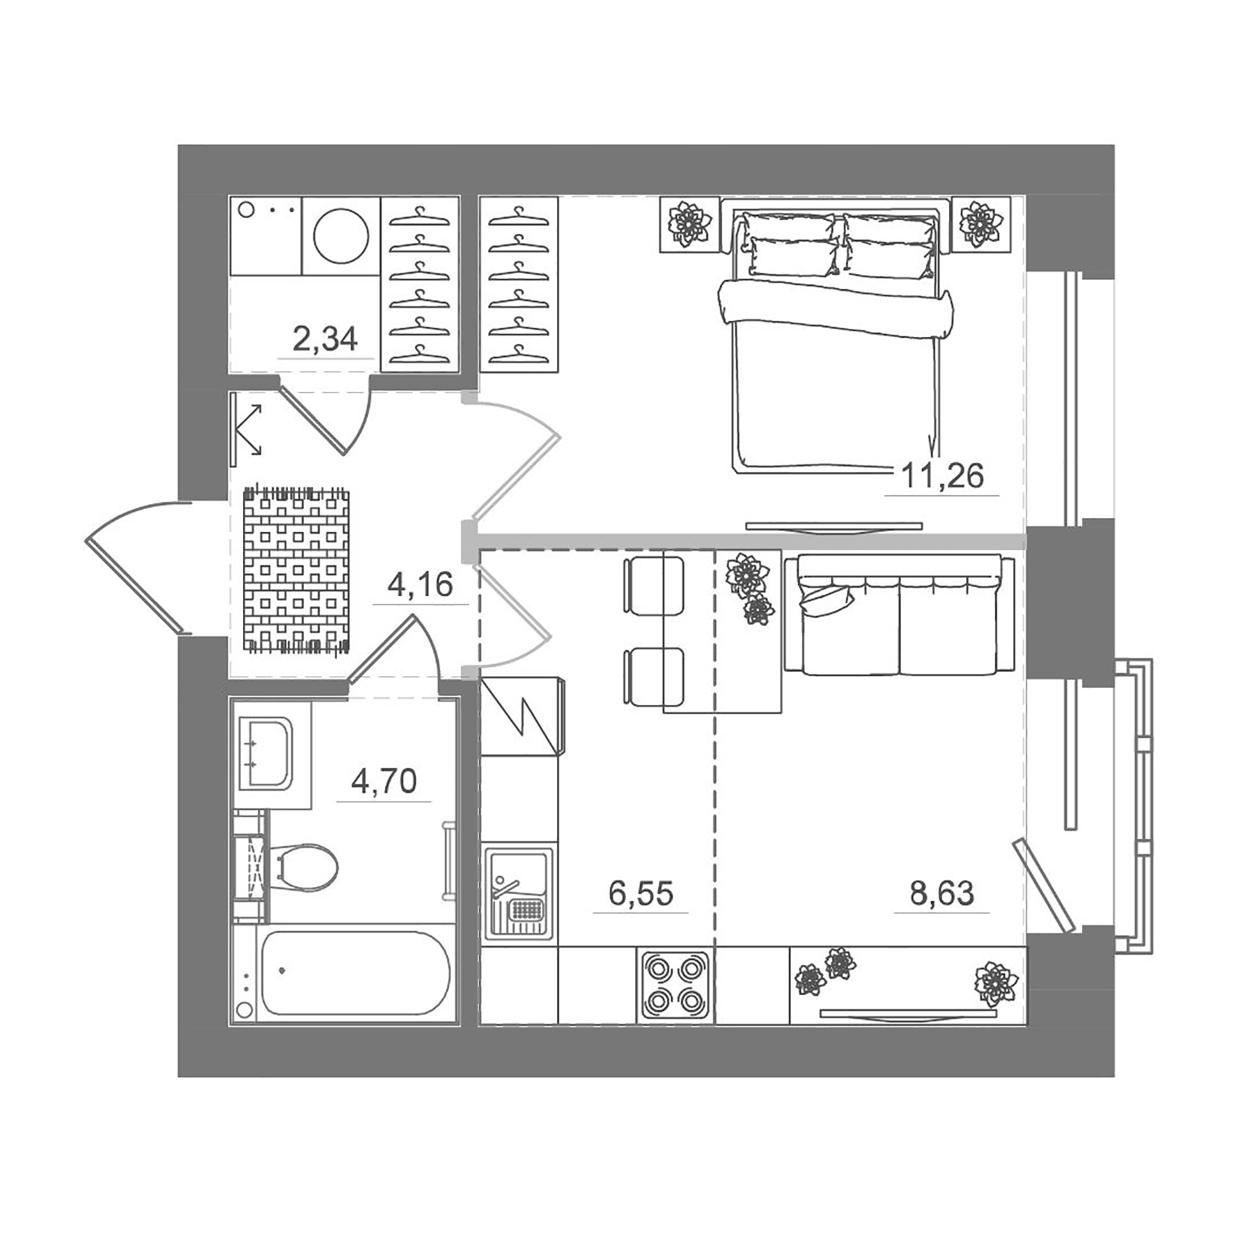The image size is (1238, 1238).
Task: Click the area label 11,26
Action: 942,476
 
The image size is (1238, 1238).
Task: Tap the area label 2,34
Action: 325,339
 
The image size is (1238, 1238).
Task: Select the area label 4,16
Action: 420,585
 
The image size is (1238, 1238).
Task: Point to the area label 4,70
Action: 384,782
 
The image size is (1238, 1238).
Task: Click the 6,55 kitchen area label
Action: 640,893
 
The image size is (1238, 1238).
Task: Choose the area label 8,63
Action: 942,893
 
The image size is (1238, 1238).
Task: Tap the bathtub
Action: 355,973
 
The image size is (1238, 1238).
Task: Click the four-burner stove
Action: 675,984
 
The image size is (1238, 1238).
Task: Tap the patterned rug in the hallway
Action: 296,569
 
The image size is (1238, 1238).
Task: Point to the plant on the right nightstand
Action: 981,224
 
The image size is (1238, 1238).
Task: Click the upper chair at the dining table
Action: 653,585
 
